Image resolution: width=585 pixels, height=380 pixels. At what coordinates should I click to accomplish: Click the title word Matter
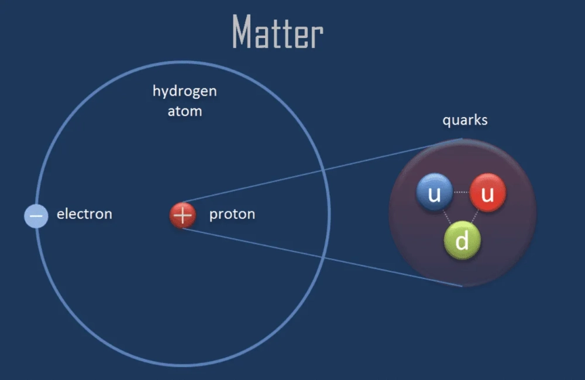click(277, 32)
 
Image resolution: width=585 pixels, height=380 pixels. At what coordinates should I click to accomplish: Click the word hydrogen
click(184, 91)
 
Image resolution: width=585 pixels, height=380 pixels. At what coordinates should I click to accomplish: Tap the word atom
click(184, 111)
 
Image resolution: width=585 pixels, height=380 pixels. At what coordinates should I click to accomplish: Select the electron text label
click(84, 214)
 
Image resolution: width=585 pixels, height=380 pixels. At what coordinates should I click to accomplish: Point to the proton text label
click(232, 214)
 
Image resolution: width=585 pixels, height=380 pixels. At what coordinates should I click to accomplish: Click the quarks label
click(465, 121)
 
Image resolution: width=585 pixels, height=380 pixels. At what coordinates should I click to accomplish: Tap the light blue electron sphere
click(36, 215)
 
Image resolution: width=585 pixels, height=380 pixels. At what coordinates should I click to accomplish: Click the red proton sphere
click(183, 215)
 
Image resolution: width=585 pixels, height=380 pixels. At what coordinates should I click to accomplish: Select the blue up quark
click(435, 193)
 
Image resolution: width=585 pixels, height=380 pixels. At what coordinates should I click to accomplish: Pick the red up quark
click(487, 193)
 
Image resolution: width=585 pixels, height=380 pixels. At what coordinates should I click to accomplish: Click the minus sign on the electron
click(36, 215)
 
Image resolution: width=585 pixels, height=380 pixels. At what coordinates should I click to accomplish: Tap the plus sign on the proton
click(183, 215)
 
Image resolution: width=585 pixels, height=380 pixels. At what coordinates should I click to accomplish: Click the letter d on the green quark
click(462, 241)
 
